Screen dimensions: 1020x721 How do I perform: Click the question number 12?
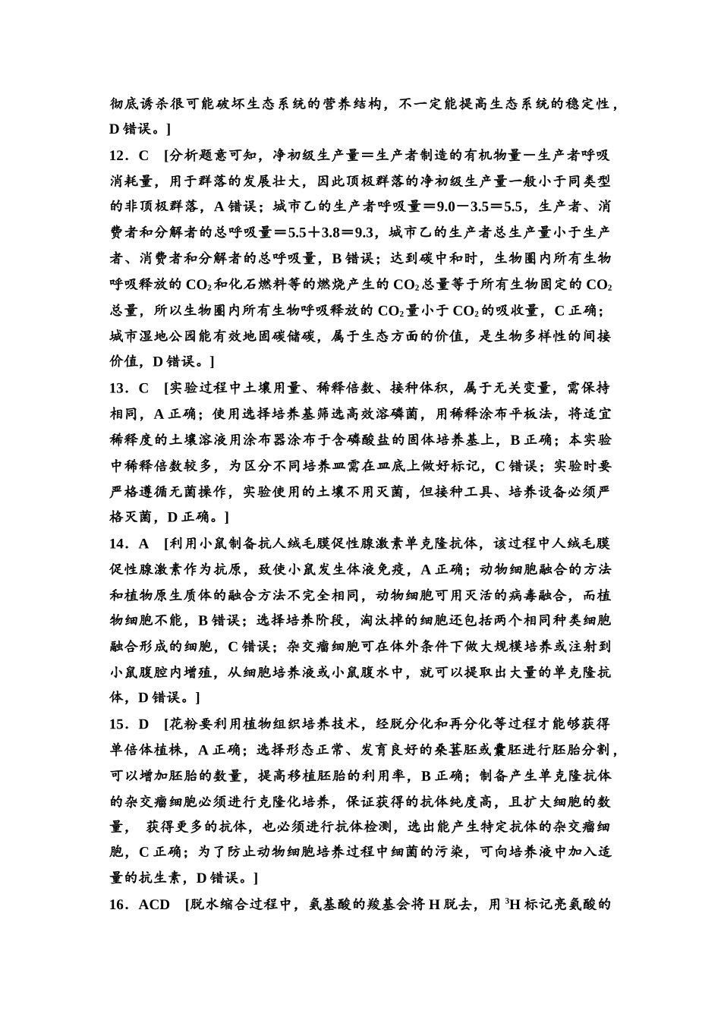point(120,155)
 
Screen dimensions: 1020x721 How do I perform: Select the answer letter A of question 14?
point(143,543)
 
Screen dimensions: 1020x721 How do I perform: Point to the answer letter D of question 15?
point(143,723)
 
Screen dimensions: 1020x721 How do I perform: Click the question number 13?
point(120,388)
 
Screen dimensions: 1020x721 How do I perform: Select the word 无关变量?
point(522,388)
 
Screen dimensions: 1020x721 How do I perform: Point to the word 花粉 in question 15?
point(183,723)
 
